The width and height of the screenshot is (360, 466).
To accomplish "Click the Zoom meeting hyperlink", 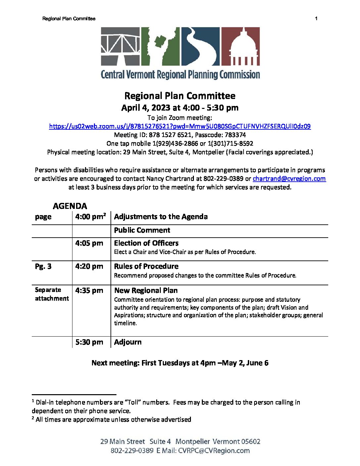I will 180,126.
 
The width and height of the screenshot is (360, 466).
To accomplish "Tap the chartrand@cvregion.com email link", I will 289,179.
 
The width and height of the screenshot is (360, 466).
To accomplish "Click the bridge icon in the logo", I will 120,46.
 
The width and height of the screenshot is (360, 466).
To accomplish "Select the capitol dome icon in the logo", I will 240,46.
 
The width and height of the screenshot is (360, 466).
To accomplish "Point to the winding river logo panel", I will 200,46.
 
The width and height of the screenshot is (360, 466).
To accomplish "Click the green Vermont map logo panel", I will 160,46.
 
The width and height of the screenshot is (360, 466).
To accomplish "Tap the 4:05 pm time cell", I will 89,243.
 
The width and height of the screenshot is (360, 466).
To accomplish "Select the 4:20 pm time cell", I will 89,266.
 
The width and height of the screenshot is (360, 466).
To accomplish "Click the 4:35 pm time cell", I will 89,291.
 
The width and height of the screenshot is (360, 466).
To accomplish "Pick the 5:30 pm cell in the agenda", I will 89,342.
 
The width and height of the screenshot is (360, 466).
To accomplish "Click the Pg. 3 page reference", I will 43,266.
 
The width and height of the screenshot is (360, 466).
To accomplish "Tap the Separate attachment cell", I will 52,294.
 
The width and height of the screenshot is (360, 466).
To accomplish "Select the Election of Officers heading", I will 146,243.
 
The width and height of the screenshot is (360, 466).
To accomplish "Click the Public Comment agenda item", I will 142,230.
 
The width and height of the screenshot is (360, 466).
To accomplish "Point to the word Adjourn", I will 128,342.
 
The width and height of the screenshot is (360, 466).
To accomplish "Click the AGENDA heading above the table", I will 70,206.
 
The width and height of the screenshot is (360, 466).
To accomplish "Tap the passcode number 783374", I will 235,135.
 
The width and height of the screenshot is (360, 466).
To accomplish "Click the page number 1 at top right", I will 316,19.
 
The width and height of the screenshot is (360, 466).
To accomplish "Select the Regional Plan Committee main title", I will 180,96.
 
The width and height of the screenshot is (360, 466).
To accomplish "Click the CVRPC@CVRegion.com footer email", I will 214,451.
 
